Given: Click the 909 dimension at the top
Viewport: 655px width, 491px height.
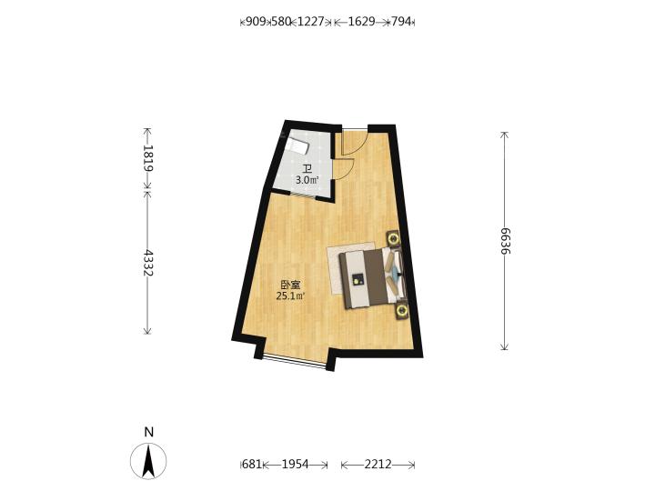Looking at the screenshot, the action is coord(256,21).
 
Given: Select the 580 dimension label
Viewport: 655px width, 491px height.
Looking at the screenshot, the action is coord(281,21).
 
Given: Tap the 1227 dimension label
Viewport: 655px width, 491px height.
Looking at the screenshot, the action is coord(310,21).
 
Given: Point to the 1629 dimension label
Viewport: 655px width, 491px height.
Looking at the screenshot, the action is coord(361,21).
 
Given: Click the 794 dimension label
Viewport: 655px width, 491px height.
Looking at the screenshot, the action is coord(401,21).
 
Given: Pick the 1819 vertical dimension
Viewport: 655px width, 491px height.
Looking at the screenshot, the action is coord(148,158).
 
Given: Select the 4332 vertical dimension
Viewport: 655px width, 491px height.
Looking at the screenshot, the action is coord(148,263).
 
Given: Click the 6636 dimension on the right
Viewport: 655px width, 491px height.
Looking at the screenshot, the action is coord(506,241).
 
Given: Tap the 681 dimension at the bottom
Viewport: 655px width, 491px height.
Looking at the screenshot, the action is coord(252,464).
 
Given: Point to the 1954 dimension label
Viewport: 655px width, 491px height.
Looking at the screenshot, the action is coord(296,464).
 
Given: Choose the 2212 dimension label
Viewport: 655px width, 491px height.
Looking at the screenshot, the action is coord(378,464).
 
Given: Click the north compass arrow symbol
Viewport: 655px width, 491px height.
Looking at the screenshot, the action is coord(148,461).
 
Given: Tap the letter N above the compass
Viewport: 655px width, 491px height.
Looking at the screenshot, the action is coord(148,432).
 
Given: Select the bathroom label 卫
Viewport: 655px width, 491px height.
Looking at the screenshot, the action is coord(307,169).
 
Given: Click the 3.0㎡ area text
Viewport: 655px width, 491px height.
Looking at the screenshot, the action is coord(307,180).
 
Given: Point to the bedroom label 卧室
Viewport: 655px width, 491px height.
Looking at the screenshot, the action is coord(290,286).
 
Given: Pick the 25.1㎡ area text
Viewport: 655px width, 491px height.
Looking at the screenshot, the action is coord(290,296).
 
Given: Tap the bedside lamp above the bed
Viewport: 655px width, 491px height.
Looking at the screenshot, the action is coord(393,239).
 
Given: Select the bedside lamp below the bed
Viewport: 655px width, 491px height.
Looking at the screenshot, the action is coord(402,310).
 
